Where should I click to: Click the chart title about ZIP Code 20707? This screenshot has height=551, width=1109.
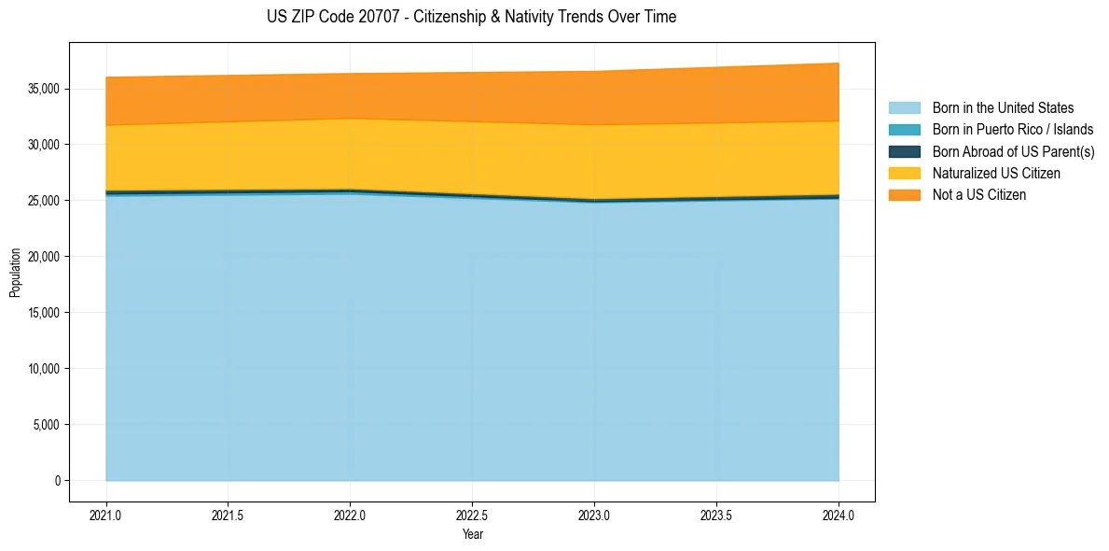tap(471, 17)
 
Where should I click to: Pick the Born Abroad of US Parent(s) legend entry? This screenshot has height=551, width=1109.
tap(1013, 151)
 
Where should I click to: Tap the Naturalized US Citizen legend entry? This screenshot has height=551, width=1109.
tap(996, 173)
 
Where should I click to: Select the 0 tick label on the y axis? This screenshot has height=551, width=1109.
tap(57, 481)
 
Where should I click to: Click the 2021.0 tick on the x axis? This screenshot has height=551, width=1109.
tap(106, 515)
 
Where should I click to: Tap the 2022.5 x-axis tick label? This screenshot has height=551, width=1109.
tap(472, 515)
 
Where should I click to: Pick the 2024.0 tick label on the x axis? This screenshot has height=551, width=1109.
tap(839, 515)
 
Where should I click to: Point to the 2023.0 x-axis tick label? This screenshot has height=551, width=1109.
tap(594, 515)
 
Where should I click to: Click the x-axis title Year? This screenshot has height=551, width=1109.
tap(472, 534)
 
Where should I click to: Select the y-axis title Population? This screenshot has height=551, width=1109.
tap(15, 273)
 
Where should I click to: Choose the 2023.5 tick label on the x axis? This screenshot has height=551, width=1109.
tap(716, 515)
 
